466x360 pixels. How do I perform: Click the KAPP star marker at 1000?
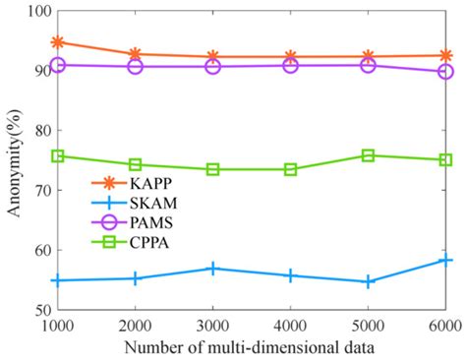point(58,42)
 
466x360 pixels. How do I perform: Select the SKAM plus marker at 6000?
point(445,260)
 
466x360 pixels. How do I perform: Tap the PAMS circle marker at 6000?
point(445,72)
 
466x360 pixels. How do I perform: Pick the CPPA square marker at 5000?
point(368,155)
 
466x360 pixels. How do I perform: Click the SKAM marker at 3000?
point(213,269)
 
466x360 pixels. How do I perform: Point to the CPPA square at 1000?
point(58,155)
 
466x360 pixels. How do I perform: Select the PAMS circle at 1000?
point(58,65)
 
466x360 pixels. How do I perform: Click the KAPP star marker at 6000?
point(445,56)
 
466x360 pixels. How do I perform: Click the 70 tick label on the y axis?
point(38,190)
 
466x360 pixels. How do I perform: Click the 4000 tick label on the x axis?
point(291,325)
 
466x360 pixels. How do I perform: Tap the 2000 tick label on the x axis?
point(136,325)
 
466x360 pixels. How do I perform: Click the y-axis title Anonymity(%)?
point(12,160)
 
